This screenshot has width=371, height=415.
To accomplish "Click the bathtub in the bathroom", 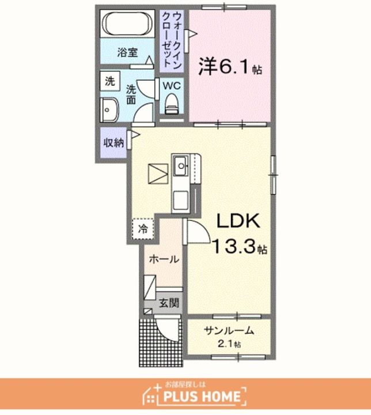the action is pyautogui.click(x=127, y=23).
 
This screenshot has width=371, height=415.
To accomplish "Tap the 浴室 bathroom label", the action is pyautogui.click(x=127, y=52).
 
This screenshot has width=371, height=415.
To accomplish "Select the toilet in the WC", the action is pyautogui.click(x=172, y=104).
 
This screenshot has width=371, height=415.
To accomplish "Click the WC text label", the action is pyautogui.click(x=172, y=85).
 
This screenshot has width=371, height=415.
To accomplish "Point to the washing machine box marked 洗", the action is pyautogui.click(x=110, y=81).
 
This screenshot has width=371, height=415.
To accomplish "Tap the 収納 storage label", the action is pyautogui.click(x=113, y=143).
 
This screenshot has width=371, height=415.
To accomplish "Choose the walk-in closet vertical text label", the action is pyautogui.click(x=172, y=39).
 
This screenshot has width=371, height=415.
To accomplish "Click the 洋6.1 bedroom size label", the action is pyautogui.click(x=230, y=67).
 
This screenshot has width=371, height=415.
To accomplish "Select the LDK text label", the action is pyautogui.click(x=238, y=221).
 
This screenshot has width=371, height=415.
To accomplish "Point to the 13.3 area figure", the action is pyautogui.click(x=234, y=246).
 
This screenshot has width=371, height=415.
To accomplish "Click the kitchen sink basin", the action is pyautogui.click(x=181, y=165).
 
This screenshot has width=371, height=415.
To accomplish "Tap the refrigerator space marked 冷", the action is pyautogui.click(x=143, y=229).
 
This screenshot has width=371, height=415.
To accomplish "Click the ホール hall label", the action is pyautogui.click(x=164, y=259).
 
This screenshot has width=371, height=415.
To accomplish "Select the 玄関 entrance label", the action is pyautogui.click(x=169, y=303).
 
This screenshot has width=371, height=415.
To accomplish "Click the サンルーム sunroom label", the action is pyautogui.click(x=229, y=331).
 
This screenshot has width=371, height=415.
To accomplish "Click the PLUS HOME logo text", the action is pyautogui.click(x=202, y=397).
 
